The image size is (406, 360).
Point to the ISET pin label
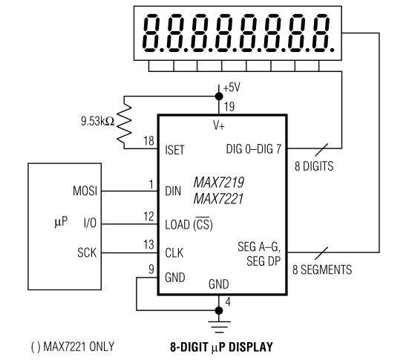[176, 149]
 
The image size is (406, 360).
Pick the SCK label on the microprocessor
[86, 253]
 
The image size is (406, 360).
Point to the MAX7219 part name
[220, 182]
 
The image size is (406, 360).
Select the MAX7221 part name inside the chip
[220, 198]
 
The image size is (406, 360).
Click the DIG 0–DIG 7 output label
[252, 149]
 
